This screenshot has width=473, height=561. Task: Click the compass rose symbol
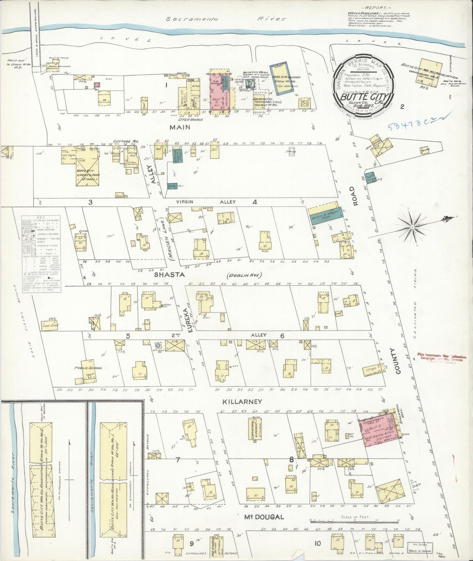[x=413, y=226]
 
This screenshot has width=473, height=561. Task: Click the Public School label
[x=89, y=368]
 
